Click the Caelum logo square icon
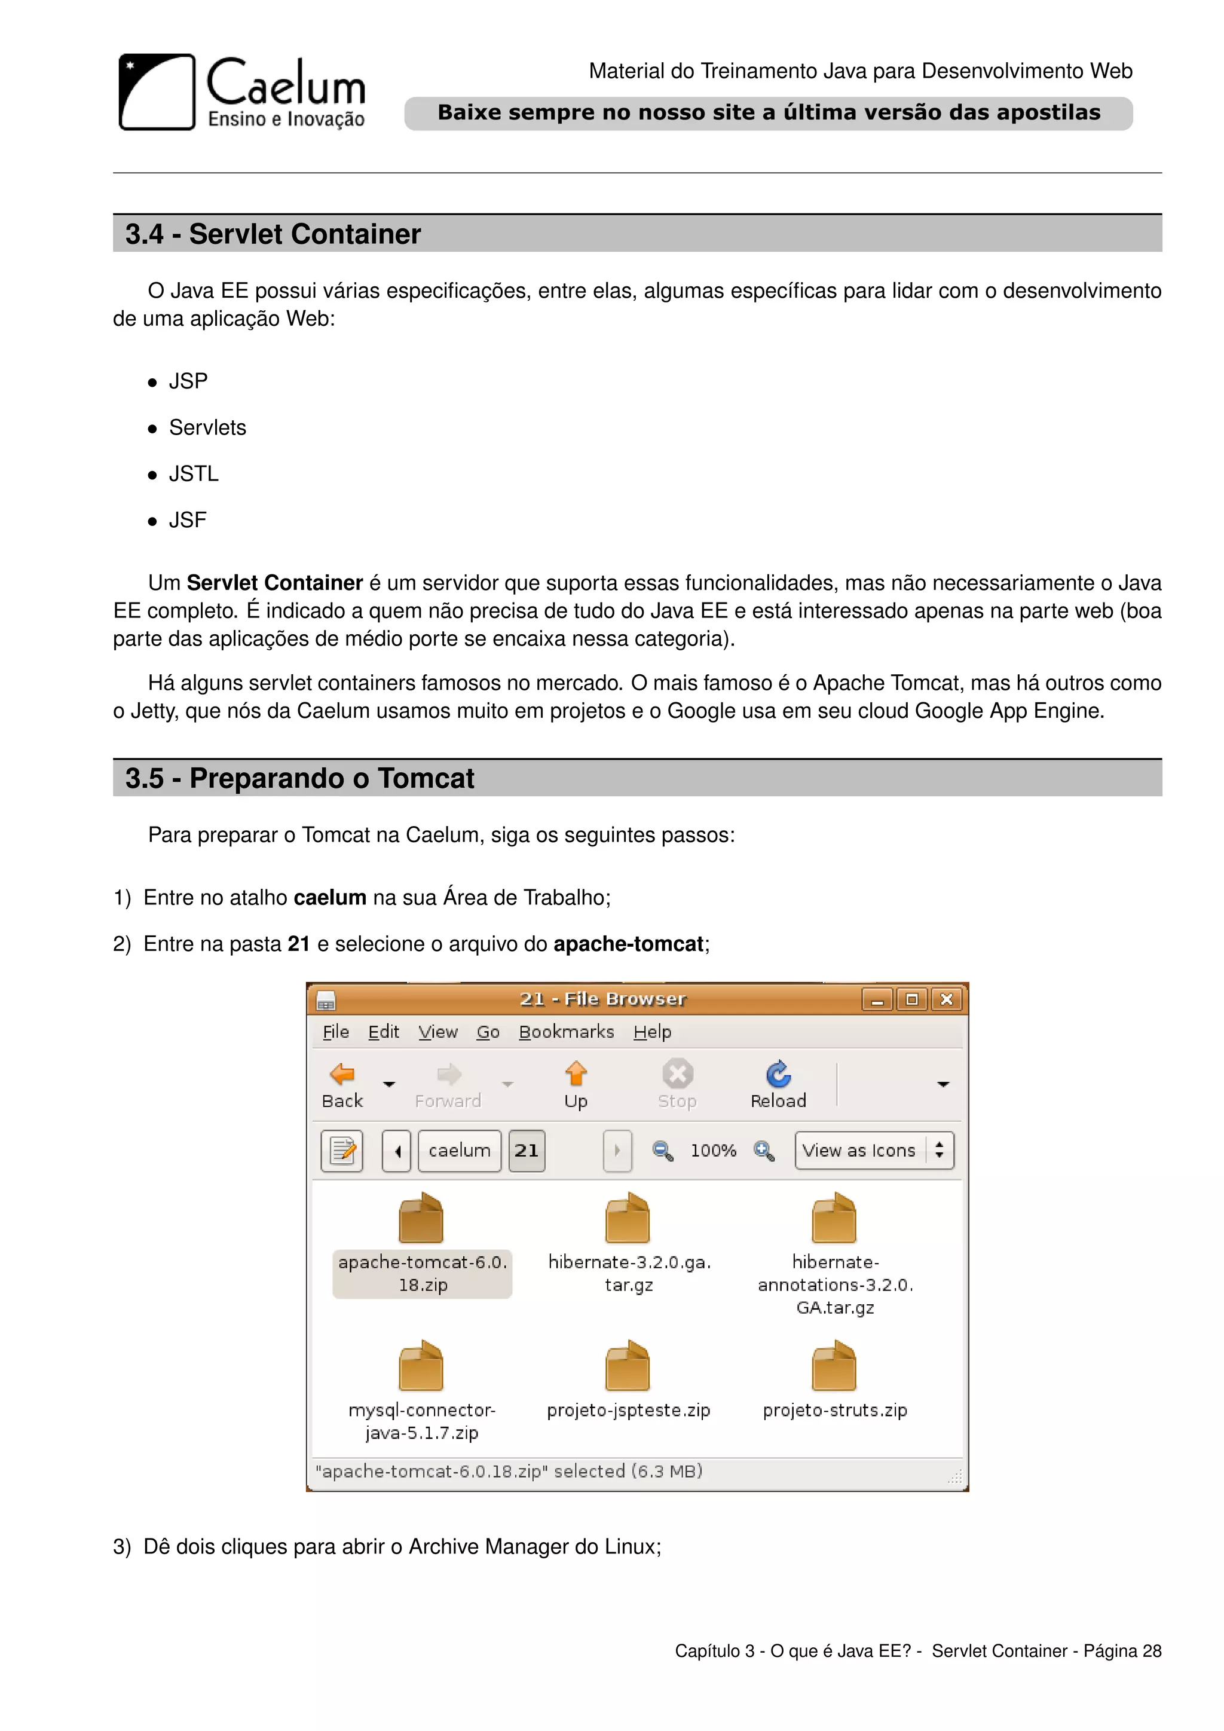tap(157, 92)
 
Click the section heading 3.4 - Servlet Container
tap(273, 234)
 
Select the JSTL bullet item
tap(194, 474)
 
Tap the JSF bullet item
tap(188, 520)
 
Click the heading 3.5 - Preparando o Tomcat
tap(299, 779)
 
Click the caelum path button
tap(459, 1151)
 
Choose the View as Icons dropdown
tap(874, 1151)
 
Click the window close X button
tap(947, 1000)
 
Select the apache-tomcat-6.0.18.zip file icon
tap(421, 1218)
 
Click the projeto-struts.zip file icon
tap(834, 1366)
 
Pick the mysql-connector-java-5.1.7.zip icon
tap(421, 1366)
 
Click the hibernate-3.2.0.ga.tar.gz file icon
tap(628, 1218)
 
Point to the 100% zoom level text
tap(713, 1151)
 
